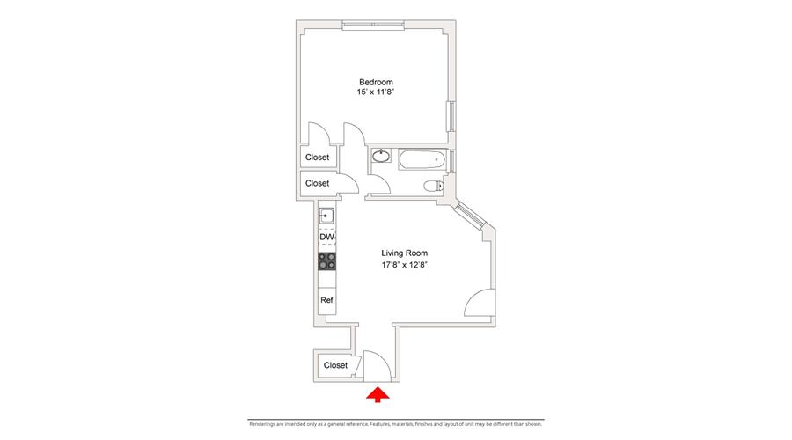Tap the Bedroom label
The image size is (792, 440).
click(x=376, y=83)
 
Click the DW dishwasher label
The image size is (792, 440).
click(x=326, y=238)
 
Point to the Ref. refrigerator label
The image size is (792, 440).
click(x=326, y=300)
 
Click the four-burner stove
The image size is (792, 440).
click(x=326, y=261)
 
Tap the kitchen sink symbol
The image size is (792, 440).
click(x=326, y=216)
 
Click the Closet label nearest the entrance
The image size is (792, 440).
click(x=335, y=365)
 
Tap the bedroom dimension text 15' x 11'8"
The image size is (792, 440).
click(x=376, y=93)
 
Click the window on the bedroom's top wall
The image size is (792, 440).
click(x=375, y=23)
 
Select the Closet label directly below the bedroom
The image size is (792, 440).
click(x=317, y=158)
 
